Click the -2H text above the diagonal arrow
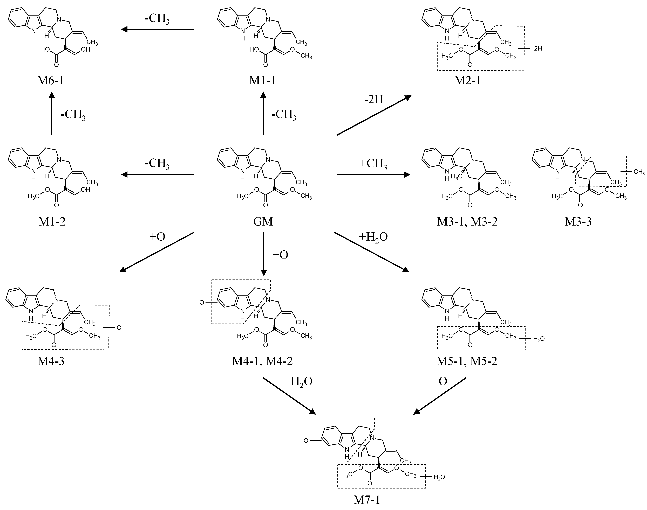[x=373, y=99]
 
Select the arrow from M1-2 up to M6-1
[x=52, y=114]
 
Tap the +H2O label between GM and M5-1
[x=373, y=237]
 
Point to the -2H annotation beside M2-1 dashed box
[x=537, y=48]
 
